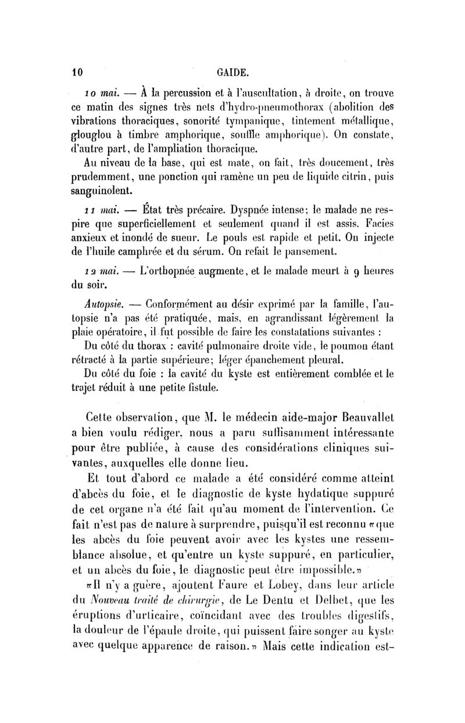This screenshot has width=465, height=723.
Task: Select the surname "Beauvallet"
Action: point(363,416)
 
